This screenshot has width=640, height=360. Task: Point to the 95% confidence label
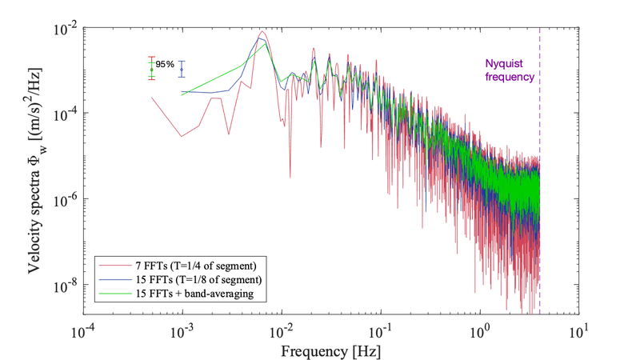(x=166, y=64)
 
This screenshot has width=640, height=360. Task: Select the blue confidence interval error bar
(x=182, y=70)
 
